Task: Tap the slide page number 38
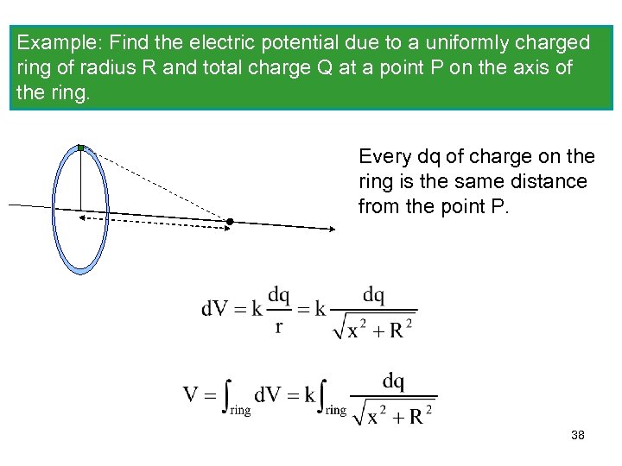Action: click(578, 436)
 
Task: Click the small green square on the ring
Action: click(80, 148)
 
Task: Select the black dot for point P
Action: click(231, 222)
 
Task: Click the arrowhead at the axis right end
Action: click(332, 229)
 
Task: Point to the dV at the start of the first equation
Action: click(215, 308)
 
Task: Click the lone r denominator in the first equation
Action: click(278, 326)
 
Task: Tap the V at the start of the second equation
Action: click(192, 395)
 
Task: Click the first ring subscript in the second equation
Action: click(239, 411)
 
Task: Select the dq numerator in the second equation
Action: click(393, 381)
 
